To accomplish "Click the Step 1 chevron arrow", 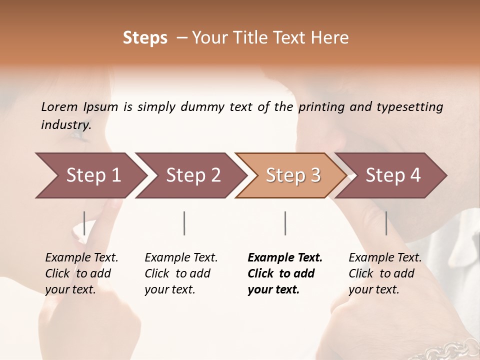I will pyautogui.click(x=90, y=175).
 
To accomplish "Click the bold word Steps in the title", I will pyautogui.click(x=145, y=38).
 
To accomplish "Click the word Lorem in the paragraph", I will pyautogui.click(x=59, y=106).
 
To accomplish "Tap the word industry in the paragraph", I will pyautogui.click(x=65, y=124).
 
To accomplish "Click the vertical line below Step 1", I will pyautogui.click(x=84, y=223).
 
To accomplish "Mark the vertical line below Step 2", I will pyautogui.click(x=184, y=223).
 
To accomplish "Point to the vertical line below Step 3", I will pyautogui.click(x=285, y=223).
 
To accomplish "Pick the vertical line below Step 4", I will pyautogui.click(x=386, y=223).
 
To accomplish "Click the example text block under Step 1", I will pyautogui.click(x=81, y=273).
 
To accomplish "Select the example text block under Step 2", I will pyautogui.click(x=181, y=273).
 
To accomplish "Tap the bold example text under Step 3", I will pyautogui.click(x=284, y=273).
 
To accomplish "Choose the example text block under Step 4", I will pyautogui.click(x=385, y=273).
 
